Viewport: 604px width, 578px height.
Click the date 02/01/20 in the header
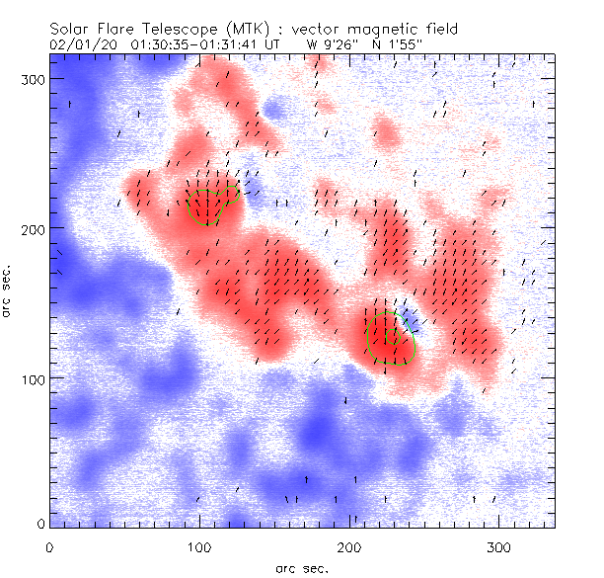click(x=81, y=44)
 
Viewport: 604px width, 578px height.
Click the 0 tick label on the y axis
click(x=39, y=523)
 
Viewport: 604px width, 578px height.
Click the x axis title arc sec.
click(x=301, y=568)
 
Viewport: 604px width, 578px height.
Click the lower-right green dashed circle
click(x=389, y=338)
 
